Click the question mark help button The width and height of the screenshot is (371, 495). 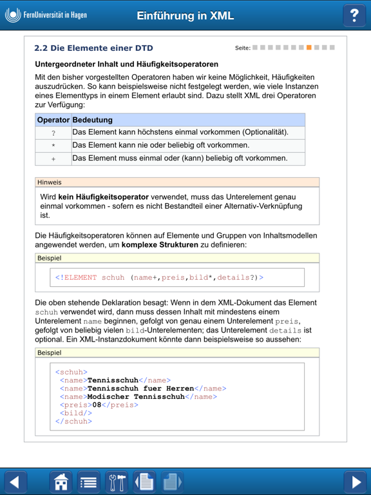354,15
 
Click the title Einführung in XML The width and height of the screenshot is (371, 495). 185,16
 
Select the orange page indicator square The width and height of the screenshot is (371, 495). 309,48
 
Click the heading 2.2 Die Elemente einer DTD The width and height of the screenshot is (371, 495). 93,48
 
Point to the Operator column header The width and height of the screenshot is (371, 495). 53,120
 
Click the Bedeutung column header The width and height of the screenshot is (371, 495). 93,120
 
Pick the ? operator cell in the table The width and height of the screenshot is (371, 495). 53,133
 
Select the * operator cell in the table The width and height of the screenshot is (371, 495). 53,146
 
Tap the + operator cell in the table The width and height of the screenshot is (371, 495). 53,159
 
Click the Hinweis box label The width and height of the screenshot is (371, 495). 50,182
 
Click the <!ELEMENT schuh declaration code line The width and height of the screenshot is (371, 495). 159,278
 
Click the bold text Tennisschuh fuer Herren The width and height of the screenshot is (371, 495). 140,389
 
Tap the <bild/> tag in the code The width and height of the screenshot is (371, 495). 73,413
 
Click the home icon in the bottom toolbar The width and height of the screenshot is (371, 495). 61,481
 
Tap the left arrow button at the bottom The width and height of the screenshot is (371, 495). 16,481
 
